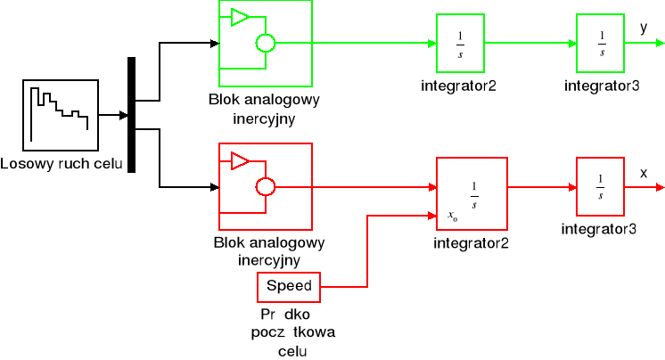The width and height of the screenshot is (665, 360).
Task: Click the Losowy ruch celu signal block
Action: pos(59,115)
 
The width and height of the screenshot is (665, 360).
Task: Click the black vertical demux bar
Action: pos(132,114)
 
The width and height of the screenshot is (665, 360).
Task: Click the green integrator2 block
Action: pos(460,43)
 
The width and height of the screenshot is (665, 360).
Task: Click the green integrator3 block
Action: pos(602,43)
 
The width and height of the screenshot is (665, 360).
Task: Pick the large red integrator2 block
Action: pos(472,193)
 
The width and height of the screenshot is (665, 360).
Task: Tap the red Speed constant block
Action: pos(288,287)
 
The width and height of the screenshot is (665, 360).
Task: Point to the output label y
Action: pos(644,28)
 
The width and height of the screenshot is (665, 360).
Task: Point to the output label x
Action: pos(644,172)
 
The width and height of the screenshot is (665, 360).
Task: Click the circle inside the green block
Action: pos(265,43)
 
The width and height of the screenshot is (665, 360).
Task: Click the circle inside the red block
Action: pos(265,187)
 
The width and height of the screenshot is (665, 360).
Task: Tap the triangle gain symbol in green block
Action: pos(240,16)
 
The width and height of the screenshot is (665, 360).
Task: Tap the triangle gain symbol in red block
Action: pos(240,160)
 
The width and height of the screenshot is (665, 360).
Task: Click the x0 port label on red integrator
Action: pos(453,216)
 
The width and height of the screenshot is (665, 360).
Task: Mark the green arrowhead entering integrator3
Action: pos(571,43)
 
